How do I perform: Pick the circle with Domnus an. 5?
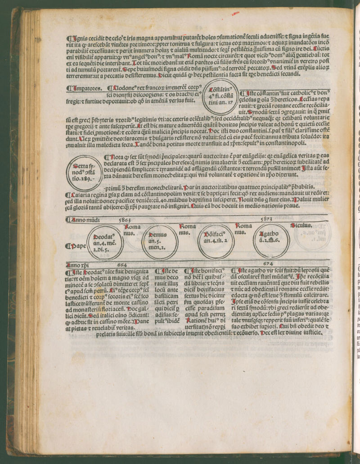159,241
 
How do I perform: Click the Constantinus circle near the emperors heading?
220,96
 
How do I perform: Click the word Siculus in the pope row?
301,225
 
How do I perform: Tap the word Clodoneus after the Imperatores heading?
121,88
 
